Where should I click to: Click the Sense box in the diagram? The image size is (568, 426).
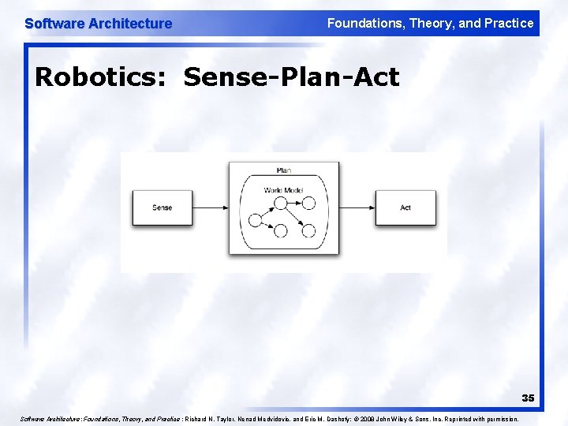click(x=162, y=207)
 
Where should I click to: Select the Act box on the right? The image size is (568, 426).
click(x=405, y=207)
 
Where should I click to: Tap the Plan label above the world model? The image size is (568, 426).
click(x=284, y=170)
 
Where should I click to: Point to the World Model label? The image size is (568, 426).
click(x=283, y=190)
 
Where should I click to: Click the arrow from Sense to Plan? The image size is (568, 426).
click(x=211, y=208)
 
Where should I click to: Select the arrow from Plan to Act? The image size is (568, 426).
click(x=357, y=208)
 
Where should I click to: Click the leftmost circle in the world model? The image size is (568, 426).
click(x=255, y=219)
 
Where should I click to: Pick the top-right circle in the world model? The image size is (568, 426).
click(x=308, y=203)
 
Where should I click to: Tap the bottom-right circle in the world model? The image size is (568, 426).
click(x=308, y=231)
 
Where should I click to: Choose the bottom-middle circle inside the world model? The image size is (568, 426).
click(x=280, y=231)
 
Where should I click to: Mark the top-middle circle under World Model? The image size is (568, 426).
click(x=280, y=203)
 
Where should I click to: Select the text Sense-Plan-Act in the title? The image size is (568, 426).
click(x=292, y=77)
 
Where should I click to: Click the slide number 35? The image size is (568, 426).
click(x=527, y=398)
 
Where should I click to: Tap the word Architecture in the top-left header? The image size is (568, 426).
click(x=130, y=24)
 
